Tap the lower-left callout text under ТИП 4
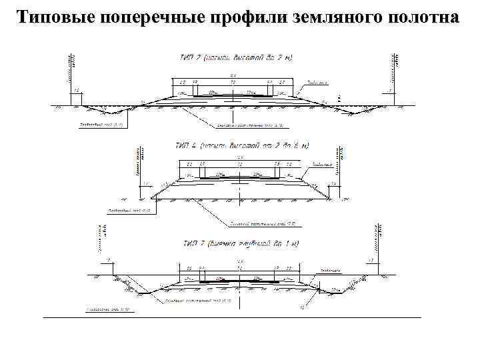(130, 210)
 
